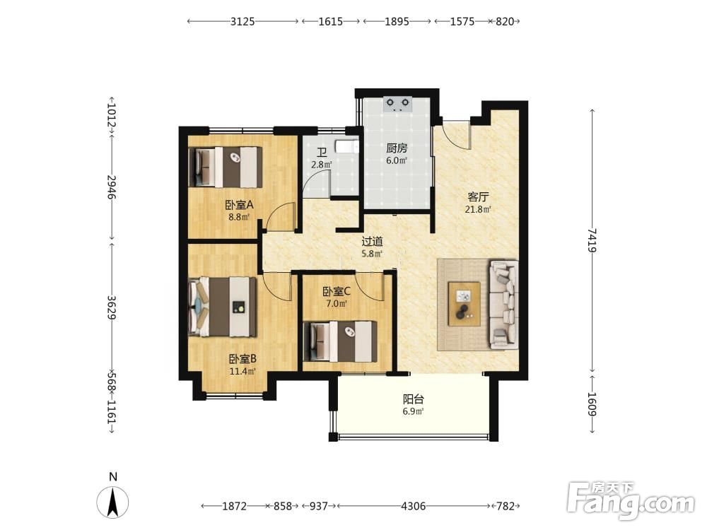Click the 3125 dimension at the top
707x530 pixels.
(243, 21)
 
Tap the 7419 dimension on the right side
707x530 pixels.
(592, 240)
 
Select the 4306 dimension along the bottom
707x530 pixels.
(414, 506)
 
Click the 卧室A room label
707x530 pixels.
(240, 205)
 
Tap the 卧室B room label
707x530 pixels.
(243, 359)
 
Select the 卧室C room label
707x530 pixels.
(337, 292)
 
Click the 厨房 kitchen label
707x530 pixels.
(397, 148)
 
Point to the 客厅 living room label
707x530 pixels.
(479, 197)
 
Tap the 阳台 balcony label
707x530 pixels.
(414, 399)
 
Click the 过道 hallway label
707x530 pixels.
(372, 242)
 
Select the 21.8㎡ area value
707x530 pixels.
(478, 209)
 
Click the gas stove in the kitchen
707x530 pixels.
(398, 105)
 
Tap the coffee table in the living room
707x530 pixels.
(464, 304)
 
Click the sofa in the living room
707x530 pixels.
(503, 305)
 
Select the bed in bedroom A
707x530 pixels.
(226, 167)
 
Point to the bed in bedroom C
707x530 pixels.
(341, 341)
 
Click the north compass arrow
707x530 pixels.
(112, 502)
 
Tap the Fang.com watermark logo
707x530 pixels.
(631, 500)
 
